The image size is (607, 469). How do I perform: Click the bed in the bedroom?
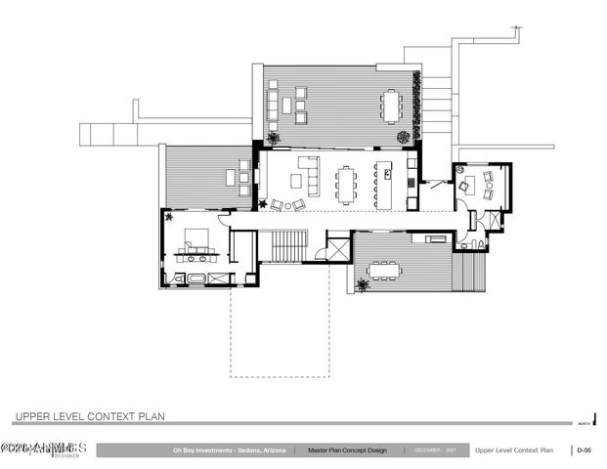[193, 238]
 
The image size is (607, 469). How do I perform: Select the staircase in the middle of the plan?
[288, 246]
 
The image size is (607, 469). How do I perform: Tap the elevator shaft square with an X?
[338, 246]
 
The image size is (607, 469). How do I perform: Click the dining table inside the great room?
[348, 182]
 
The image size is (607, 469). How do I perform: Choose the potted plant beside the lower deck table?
[365, 285]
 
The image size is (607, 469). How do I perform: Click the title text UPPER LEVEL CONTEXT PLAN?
[90, 416]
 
